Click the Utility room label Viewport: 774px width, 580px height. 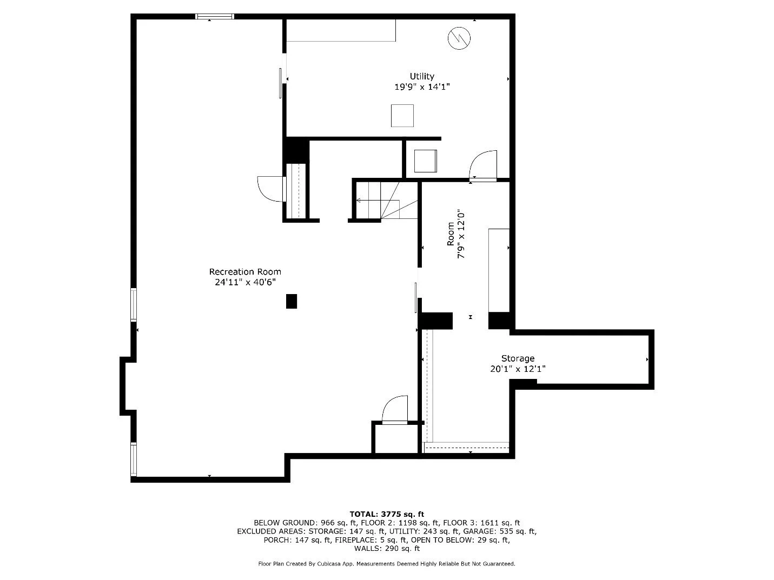[x=421, y=76]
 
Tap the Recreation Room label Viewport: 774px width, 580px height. [x=245, y=272]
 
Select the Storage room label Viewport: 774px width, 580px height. [x=518, y=358]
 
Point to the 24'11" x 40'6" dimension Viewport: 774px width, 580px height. [x=245, y=282]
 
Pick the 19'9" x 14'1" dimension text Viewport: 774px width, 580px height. [x=422, y=86]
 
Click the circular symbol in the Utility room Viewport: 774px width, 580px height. [x=459, y=37]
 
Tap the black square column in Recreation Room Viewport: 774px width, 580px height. [x=292, y=301]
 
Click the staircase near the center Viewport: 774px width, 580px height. [x=386, y=201]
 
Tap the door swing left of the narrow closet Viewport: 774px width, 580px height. [x=270, y=189]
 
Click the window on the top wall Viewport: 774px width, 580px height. [x=214, y=17]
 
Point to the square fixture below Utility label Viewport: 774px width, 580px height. [x=402, y=116]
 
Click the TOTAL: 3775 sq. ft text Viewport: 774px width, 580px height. [x=387, y=514]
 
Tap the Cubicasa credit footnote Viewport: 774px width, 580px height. [x=387, y=564]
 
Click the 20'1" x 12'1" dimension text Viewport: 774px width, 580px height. [x=518, y=369]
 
